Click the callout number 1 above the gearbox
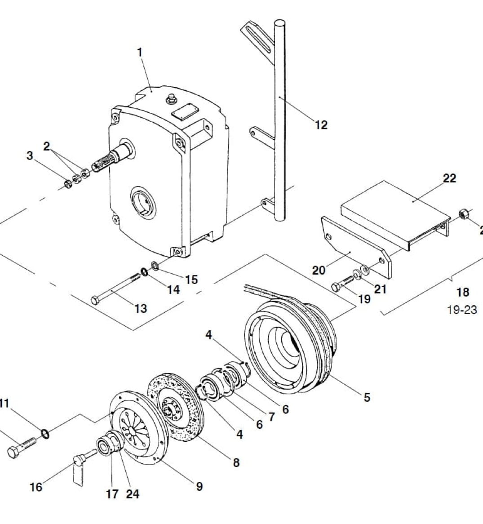pos(139,52)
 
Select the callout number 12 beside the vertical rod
pos(321,124)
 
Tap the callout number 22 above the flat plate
pos(449,178)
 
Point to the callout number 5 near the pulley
pos(367,397)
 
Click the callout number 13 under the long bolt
pos(141,308)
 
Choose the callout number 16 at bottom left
pos(36,487)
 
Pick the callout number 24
pos(133,494)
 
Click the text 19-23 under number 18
pos(462,310)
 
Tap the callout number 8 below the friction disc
pos(236,462)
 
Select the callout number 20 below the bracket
pos(319,270)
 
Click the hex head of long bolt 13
pos(94,300)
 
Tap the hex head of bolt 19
pos(336,286)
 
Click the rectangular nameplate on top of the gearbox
pos(185,111)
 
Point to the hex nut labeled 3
pos(67,183)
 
